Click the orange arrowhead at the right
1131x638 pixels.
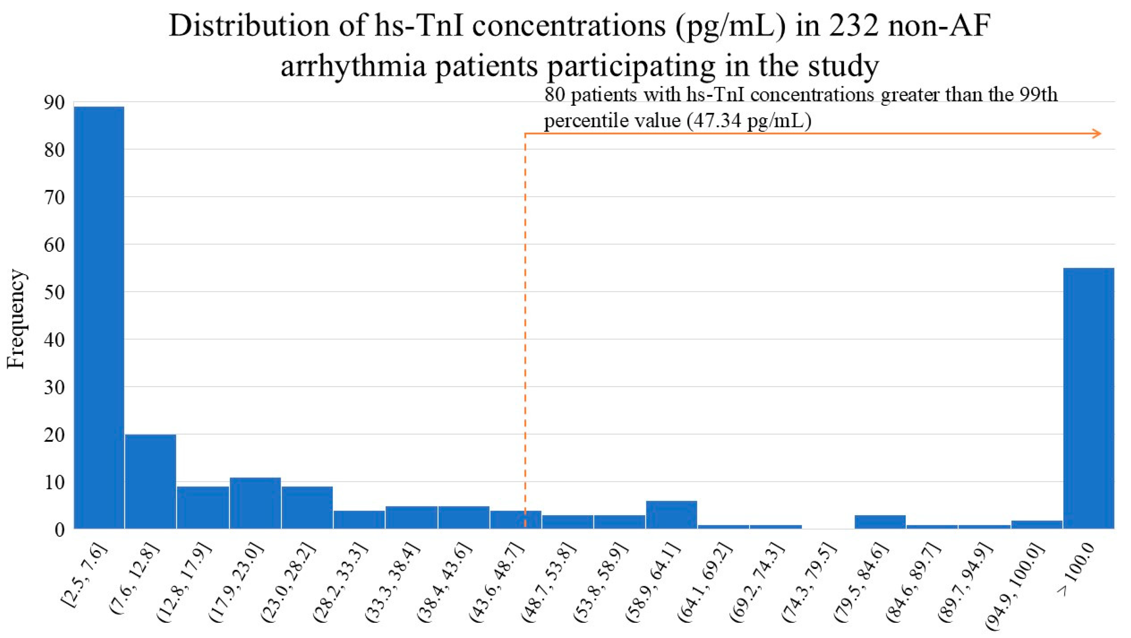click(1097, 134)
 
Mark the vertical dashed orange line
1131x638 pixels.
click(525, 330)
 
